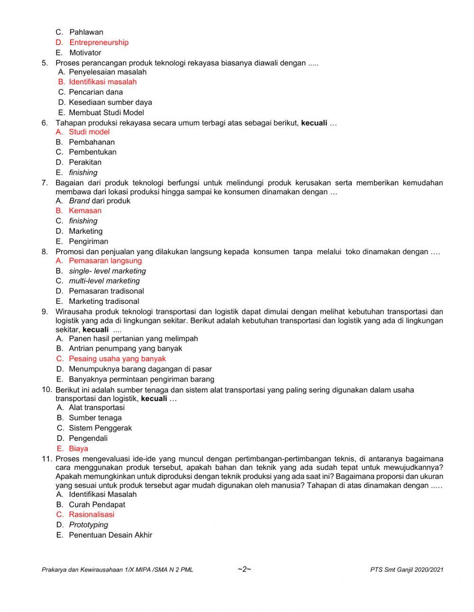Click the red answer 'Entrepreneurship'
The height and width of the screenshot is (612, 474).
(99, 43)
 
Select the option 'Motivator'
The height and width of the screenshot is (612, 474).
(85, 53)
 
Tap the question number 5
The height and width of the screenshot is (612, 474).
(45, 63)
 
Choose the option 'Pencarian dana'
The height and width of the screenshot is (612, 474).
(96, 92)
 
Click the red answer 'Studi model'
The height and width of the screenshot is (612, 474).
(89, 132)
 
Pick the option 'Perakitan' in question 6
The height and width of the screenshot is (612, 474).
(85, 162)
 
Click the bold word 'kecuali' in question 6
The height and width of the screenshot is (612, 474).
(314, 123)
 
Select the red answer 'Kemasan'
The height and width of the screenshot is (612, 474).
(85, 210)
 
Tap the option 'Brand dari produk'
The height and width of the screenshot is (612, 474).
(100, 201)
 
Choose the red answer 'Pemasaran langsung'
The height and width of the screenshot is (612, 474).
(105, 261)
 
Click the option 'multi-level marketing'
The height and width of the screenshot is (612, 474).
(104, 281)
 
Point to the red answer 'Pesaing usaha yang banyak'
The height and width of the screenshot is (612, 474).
(117, 359)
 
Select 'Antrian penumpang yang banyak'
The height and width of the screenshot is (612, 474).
(125, 348)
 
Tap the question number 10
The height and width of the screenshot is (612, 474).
(46, 390)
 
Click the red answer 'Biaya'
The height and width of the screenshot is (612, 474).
(78, 448)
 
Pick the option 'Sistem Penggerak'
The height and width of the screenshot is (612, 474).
(100, 428)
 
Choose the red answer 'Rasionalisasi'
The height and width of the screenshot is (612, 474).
(91, 514)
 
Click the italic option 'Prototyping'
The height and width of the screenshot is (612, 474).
(88, 525)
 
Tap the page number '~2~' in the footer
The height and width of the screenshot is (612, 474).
(244, 569)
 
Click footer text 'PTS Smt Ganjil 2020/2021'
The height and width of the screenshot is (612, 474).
(407, 570)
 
